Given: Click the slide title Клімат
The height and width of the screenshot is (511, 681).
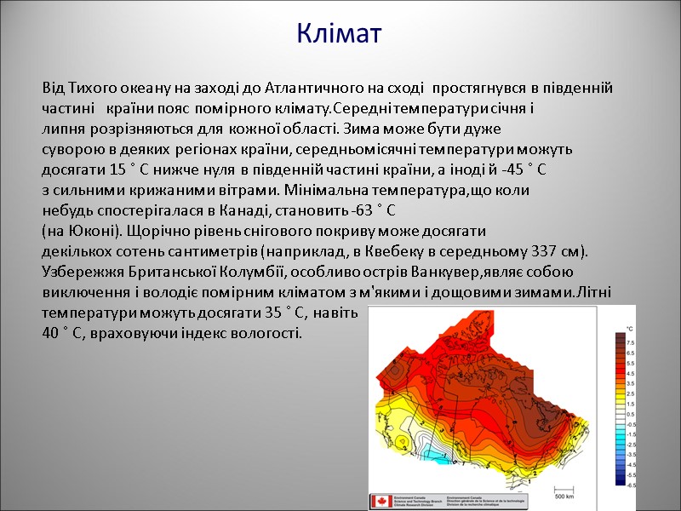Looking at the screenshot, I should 340,33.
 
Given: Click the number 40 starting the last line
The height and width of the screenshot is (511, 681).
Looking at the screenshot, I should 50,333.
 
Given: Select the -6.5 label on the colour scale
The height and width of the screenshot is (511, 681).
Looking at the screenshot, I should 631,485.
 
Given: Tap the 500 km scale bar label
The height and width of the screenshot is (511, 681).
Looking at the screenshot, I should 563,495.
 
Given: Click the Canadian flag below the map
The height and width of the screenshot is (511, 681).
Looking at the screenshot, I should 379,502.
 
